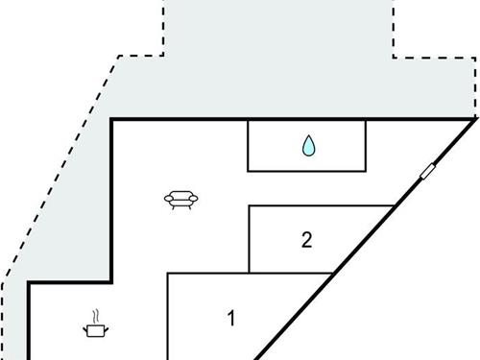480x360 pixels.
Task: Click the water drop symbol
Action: [x=308, y=146]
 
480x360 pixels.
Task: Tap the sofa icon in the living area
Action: [x=180, y=201]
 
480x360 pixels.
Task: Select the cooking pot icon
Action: [x=95, y=330]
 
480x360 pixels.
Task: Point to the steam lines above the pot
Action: [x=95, y=316]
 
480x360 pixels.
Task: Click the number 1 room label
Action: [x=230, y=318]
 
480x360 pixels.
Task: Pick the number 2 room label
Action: [x=306, y=240]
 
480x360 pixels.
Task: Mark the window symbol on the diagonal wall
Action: [x=427, y=173]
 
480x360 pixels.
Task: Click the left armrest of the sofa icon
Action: [x=169, y=199]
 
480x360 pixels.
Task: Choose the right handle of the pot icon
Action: [x=105, y=328]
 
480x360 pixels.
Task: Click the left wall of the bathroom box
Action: [x=249, y=146]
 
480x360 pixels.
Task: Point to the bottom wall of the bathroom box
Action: [x=307, y=171]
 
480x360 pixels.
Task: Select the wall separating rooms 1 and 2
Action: [x=288, y=274]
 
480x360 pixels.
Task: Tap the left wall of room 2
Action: [x=249, y=240]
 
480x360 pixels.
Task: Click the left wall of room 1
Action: [x=168, y=317]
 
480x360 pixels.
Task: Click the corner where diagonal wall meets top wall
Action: [x=474, y=119]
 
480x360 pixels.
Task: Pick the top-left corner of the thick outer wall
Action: [x=113, y=120]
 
